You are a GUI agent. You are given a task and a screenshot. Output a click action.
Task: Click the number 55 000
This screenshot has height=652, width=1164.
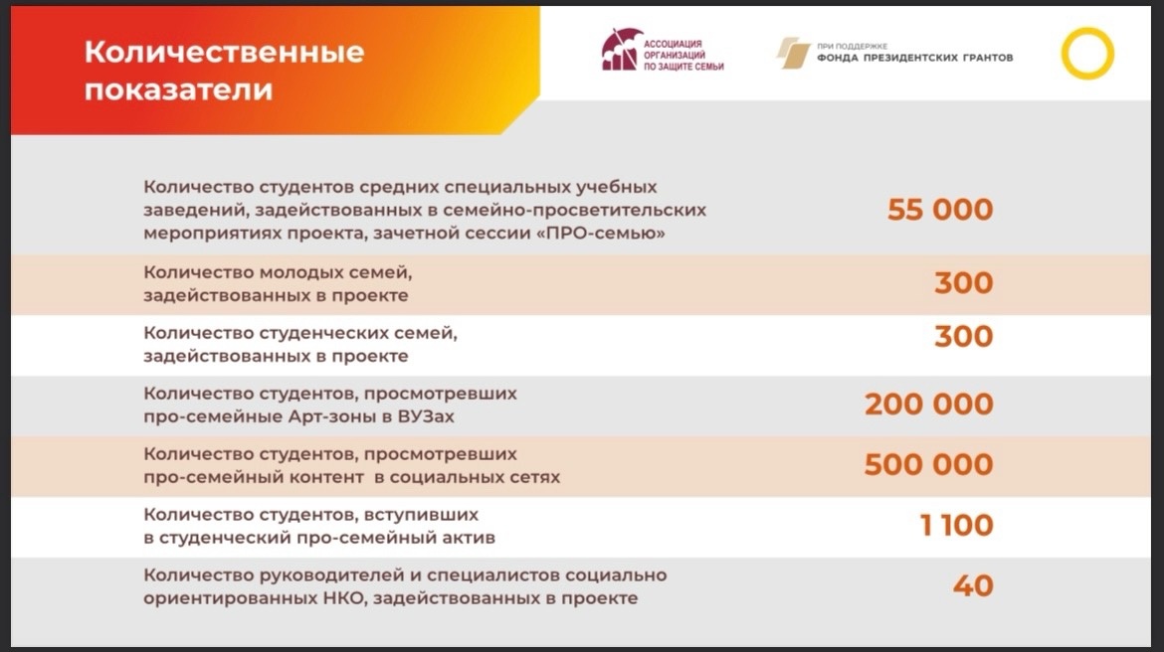coord(940,210)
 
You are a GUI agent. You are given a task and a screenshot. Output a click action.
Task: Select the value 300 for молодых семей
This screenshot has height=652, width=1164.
coord(964,283)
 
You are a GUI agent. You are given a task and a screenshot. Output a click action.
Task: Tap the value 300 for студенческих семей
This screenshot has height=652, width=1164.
coord(964,337)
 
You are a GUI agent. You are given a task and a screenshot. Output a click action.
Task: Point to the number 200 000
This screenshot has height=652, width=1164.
coord(928,405)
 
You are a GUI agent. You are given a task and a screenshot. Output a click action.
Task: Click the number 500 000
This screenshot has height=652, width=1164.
coord(928,465)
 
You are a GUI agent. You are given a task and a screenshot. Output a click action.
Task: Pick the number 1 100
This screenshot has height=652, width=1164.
coord(956,525)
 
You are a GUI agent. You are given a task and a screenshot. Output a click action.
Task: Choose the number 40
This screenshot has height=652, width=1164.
coord(973,586)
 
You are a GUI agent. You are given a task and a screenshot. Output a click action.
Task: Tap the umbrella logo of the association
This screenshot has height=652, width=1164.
coord(622,51)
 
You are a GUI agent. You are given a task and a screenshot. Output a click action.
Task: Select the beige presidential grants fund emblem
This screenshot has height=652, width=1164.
coord(793,54)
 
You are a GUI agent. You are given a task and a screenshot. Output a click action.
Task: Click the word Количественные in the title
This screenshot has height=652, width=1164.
coord(224,53)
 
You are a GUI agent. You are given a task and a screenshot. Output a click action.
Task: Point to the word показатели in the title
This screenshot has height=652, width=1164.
coord(178,90)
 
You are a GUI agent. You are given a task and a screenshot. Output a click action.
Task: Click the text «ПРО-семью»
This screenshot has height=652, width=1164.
coord(605,233)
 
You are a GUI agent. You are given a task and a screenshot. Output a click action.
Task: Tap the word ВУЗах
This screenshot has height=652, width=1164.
coord(426,416)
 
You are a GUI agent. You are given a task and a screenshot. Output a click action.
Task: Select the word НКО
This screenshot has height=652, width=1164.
coord(341,598)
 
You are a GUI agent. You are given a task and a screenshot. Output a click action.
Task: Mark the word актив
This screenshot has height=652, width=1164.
coord(470,538)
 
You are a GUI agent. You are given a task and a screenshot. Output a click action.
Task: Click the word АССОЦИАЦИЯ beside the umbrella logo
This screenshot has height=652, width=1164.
coord(673,44)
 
